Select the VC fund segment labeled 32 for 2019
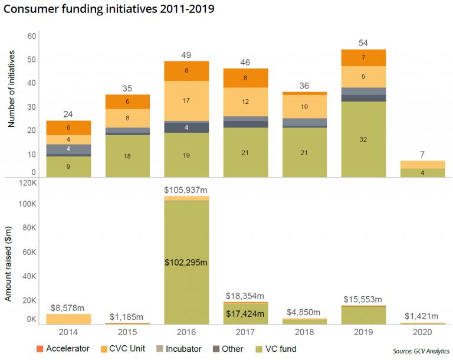[x=364, y=139]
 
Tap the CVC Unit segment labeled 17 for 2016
[x=187, y=100]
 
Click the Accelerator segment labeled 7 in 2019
[x=364, y=58]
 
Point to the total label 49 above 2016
[x=187, y=55]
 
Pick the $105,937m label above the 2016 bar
[x=187, y=190]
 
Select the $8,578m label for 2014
[x=68, y=307]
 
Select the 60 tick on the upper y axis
[x=32, y=36]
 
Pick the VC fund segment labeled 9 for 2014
[x=68, y=166]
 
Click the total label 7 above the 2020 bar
[x=423, y=154]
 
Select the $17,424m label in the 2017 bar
[x=246, y=313]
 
